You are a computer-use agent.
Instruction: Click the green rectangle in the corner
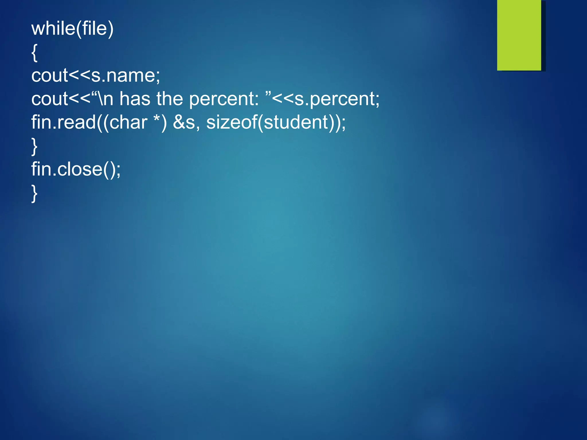519,35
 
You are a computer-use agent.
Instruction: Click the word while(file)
73,29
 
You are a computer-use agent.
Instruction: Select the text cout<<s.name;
96,76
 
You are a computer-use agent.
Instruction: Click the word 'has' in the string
135,99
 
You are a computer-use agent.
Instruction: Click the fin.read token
63,122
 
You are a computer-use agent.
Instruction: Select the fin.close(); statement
76,169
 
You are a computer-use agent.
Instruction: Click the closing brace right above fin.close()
34,146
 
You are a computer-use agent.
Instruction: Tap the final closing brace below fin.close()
34,193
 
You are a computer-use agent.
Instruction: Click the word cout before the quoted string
50,99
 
